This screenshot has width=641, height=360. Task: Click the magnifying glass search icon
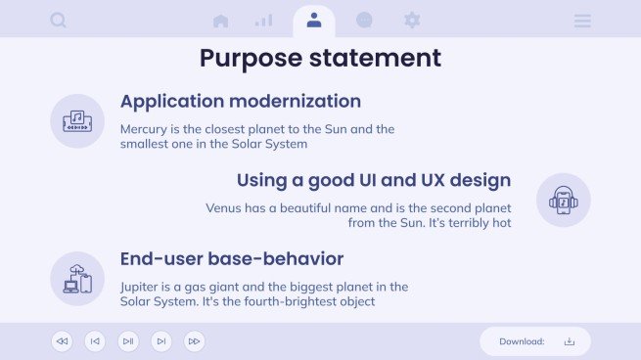point(58,20)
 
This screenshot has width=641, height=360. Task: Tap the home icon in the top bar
point(220,21)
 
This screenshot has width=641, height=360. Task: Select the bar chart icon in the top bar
point(263,21)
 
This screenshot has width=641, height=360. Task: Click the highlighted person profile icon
point(313,20)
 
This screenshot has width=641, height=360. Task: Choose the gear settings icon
point(412,20)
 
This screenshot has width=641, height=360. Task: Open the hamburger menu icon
point(582,21)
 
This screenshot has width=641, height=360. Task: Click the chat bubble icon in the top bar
point(364,20)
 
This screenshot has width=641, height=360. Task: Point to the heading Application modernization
point(240,101)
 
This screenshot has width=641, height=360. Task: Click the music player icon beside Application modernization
point(77,121)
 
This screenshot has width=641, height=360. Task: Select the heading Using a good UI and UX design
point(373,180)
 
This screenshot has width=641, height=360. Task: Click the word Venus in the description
point(224,207)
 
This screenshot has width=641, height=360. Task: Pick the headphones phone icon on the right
point(563,201)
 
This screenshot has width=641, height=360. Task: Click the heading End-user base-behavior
point(231,259)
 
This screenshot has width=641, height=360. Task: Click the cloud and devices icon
point(77,279)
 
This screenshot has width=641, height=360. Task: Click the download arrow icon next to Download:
point(570,341)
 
